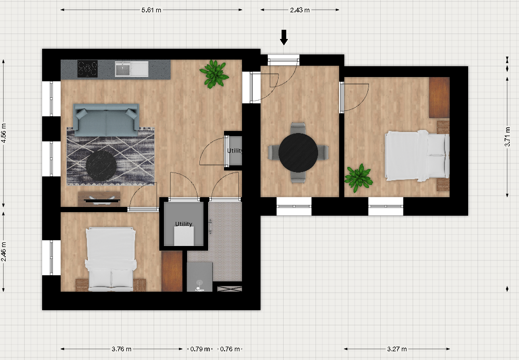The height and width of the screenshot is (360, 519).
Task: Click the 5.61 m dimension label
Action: tap(151, 10)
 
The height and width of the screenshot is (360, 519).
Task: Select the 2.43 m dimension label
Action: tap(300, 10)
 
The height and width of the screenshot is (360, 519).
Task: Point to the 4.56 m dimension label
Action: tap(4, 133)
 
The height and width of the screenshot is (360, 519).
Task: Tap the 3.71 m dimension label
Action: tap(507, 136)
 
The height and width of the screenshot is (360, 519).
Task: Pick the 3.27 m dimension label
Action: tap(397, 349)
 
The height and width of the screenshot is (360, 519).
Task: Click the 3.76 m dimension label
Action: tap(121, 349)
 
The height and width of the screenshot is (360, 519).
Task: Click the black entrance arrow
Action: tap(284, 37)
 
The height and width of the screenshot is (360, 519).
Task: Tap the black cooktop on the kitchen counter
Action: tap(87, 69)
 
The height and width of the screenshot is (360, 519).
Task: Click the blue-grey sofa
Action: tap(106, 120)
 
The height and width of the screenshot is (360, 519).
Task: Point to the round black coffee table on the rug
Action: tap(101, 166)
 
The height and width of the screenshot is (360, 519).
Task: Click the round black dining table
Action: tap(298, 153)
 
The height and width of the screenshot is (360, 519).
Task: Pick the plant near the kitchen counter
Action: tap(214, 74)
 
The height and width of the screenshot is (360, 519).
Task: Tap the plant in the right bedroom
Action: tap(359, 178)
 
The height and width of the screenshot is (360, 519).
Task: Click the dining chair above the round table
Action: tap(298, 128)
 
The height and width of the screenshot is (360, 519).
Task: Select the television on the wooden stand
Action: tap(101, 200)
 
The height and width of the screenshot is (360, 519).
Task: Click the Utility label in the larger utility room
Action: tap(183, 224)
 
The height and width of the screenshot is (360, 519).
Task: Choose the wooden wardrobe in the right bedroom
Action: tap(439, 98)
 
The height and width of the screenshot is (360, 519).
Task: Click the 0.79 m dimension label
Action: tap(200, 349)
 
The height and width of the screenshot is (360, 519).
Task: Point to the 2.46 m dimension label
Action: tap(4, 252)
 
